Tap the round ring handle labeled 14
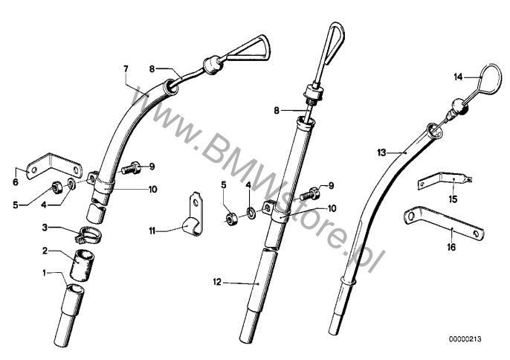point(499,78)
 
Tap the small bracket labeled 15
point(445,179)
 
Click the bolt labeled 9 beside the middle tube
point(309,193)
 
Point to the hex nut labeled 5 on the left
point(57,187)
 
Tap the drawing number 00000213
point(465,339)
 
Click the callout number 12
point(217,282)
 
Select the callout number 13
point(382,152)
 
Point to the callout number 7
point(126,69)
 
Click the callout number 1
point(45,273)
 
